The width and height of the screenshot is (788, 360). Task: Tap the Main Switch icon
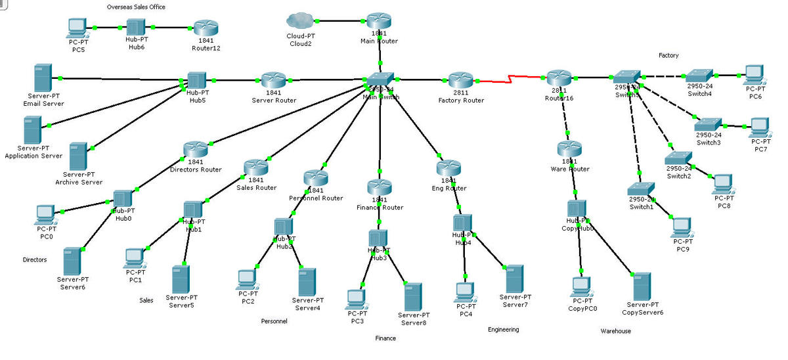point(380,79)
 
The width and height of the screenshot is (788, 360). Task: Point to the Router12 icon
point(205,28)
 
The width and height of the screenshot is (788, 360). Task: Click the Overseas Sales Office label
point(136,7)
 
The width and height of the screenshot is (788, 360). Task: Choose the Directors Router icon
point(196,149)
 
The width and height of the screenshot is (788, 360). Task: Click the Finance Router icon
point(379,187)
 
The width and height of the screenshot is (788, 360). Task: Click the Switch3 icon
point(708,124)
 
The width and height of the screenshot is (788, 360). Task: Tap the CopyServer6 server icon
point(642,286)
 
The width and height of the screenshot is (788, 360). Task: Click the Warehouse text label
point(615,331)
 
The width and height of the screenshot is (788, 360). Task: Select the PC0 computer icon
point(45,214)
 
